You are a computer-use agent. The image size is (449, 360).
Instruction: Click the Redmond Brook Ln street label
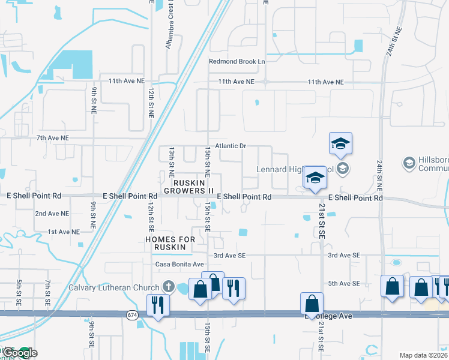(x=237, y=61)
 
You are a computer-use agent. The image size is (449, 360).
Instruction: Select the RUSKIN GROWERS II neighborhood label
(x=193, y=186)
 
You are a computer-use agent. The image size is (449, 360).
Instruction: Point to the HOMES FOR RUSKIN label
(x=170, y=244)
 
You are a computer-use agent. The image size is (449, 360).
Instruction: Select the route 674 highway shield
(x=132, y=315)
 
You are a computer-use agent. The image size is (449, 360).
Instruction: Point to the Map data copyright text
(x=423, y=355)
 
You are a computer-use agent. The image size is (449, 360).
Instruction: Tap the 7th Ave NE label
(x=53, y=138)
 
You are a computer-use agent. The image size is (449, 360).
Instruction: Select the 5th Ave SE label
(x=343, y=283)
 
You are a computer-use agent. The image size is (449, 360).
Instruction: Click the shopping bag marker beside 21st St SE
(x=312, y=303)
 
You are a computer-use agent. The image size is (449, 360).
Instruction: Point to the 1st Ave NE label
(x=63, y=232)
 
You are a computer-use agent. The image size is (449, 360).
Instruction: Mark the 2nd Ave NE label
(x=52, y=214)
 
